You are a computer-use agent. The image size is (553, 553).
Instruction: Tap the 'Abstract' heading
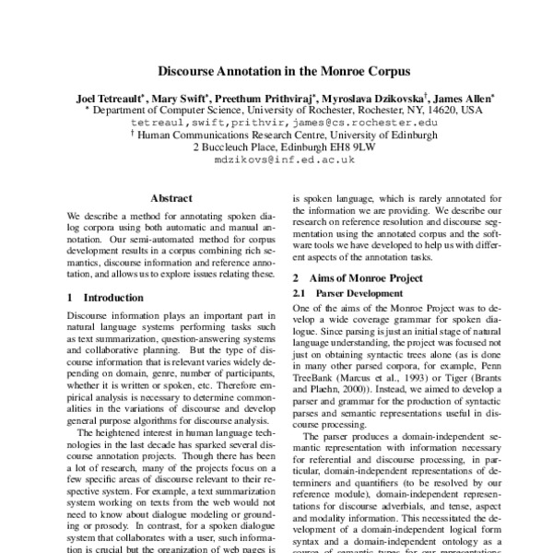[171, 198]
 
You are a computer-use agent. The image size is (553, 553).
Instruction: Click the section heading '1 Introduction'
[106, 298]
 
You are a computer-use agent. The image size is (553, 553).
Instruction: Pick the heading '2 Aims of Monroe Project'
[362, 277]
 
